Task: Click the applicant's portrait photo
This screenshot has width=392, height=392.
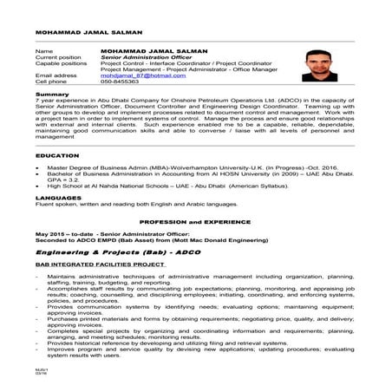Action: (x=321, y=64)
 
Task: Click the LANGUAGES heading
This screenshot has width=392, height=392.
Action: (x=56, y=197)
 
